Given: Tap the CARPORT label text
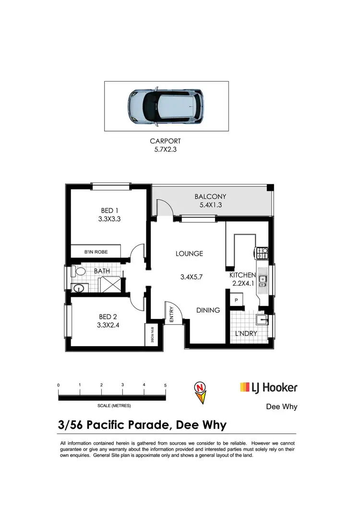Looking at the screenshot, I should point(165,141).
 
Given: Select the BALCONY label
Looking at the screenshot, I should point(210,196).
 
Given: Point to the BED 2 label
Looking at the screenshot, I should point(108,316).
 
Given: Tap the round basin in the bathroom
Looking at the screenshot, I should point(78,288).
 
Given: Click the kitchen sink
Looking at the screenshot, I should point(263,279).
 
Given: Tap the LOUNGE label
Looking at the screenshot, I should point(189,254).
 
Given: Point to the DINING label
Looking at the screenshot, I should point(208,310).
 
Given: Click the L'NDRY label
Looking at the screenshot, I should point(245,333).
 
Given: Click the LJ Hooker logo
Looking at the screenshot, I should point(268,387).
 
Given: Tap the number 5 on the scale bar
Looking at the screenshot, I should point(165,385).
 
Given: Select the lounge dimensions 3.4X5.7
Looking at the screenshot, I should point(192,277).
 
